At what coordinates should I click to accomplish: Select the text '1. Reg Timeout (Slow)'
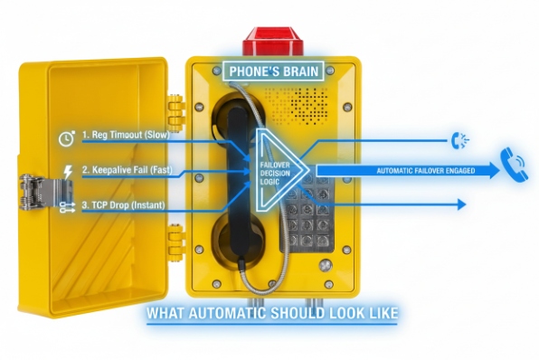(132, 135)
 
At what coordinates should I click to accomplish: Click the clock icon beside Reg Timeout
(65, 138)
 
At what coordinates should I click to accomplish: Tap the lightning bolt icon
(65, 171)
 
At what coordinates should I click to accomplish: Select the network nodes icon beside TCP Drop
(65, 207)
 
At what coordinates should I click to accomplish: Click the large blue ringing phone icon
(513, 164)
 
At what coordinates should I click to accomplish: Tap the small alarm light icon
(459, 139)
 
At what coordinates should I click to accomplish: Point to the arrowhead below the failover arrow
(461, 204)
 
